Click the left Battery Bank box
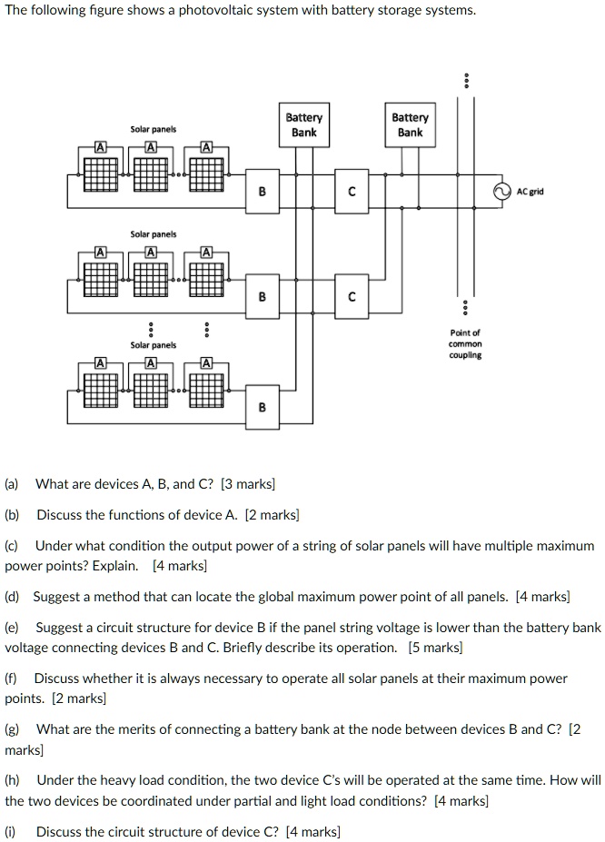point(303,125)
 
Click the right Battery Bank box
point(410,125)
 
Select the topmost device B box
point(263,192)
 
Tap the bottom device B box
point(263,407)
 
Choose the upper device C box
point(351,192)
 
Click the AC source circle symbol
point(500,192)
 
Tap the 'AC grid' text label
point(531,193)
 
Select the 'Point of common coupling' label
point(465,344)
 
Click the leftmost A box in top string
point(100,148)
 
